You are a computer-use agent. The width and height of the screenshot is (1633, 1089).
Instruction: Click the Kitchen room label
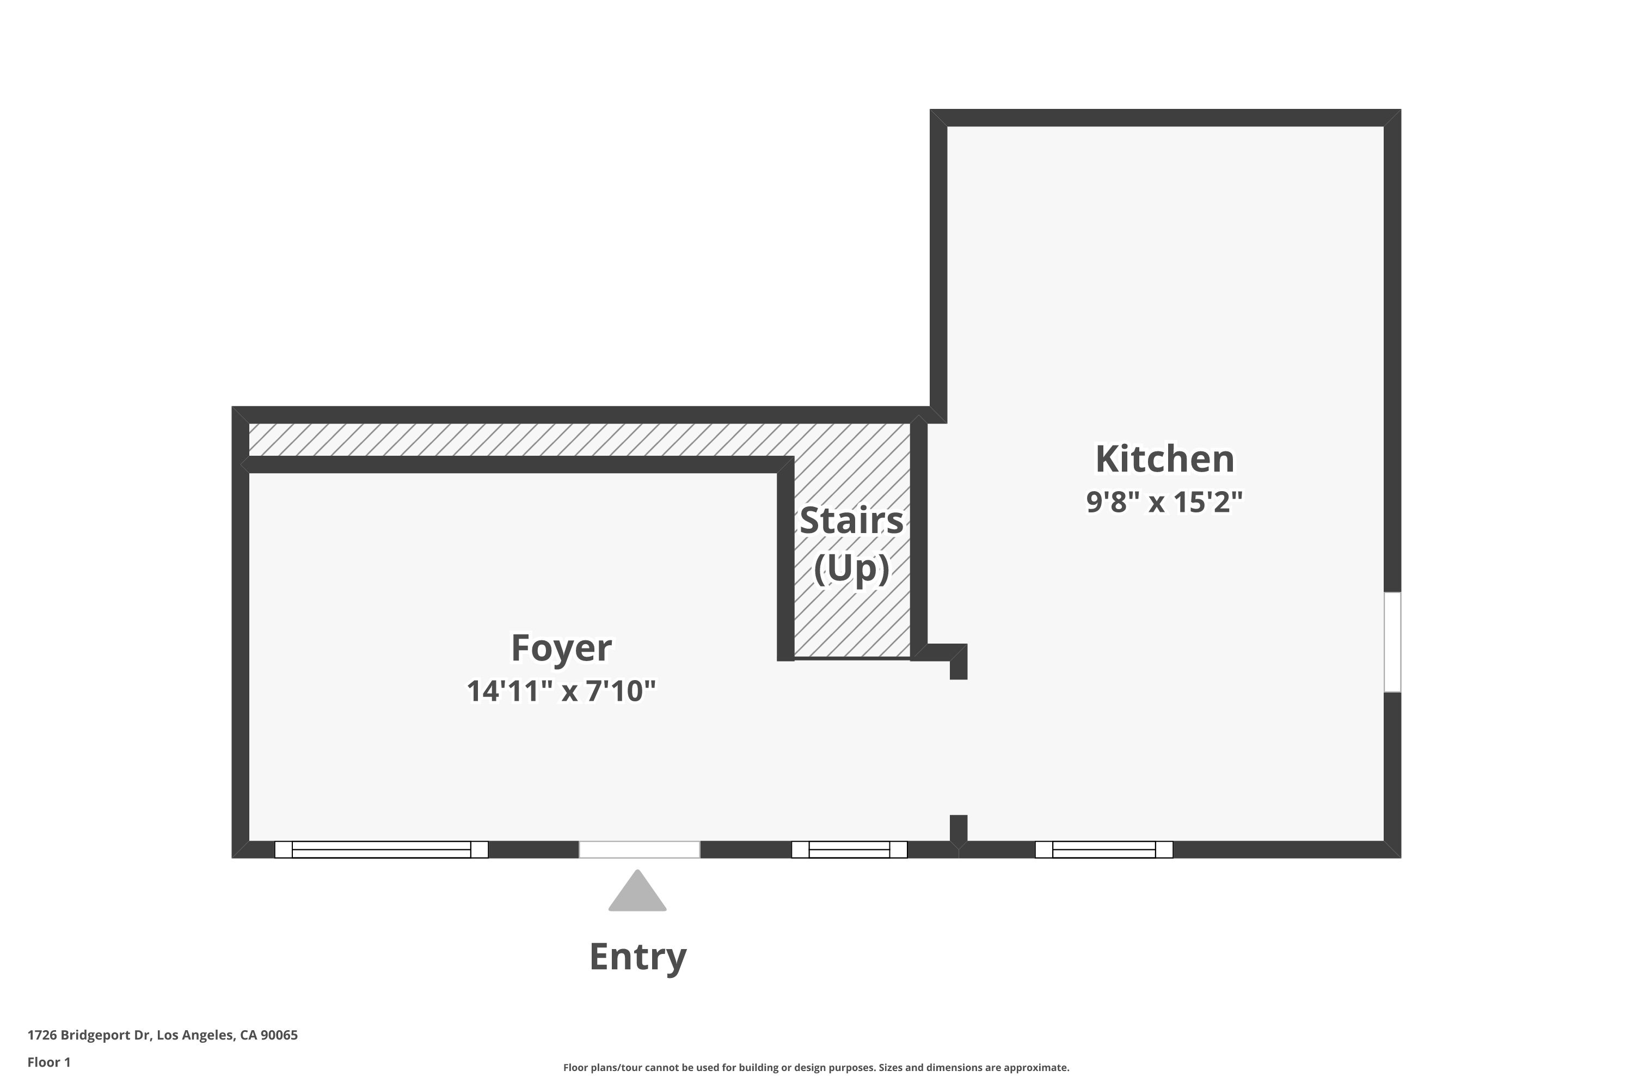click(x=1164, y=459)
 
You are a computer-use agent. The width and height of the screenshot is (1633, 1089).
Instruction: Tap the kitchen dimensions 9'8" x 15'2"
click(x=1164, y=501)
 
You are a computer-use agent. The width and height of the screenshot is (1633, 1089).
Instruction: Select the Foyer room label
click(x=561, y=648)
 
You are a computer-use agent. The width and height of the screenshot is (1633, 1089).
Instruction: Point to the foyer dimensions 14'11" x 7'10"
click(x=561, y=691)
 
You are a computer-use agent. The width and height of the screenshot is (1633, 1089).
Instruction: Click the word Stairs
click(x=851, y=521)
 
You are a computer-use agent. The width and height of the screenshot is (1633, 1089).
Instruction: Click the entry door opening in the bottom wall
click(x=640, y=849)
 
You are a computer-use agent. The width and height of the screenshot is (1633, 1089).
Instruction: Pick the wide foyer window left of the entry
click(x=381, y=849)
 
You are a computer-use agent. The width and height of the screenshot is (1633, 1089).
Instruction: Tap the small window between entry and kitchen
click(x=849, y=849)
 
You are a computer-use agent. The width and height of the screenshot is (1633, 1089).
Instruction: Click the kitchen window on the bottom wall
click(x=1103, y=849)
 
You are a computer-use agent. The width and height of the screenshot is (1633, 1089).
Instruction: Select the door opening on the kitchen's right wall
click(x=1392, y=643)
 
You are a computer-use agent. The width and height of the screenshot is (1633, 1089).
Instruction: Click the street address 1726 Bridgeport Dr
click(x=89, y=1035)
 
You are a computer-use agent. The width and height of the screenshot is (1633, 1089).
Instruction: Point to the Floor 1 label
click(x=48, y=1062)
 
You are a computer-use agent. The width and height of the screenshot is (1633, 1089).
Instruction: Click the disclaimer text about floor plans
click(x=816, y=1067)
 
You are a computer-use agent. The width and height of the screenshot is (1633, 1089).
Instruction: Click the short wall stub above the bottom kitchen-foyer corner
click(x=958, y=829)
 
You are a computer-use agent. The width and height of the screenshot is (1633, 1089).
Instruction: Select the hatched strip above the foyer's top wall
click(x=514, y=439)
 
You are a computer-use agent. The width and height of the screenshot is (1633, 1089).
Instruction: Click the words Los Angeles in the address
click(x=195, y=1035)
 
